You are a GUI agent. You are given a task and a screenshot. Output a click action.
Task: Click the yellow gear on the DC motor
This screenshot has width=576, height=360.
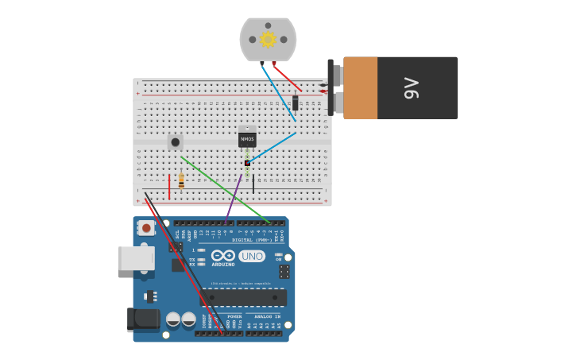[x=268, y=39]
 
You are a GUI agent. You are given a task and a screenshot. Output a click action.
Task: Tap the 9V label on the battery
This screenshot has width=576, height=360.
[x=411, y=87]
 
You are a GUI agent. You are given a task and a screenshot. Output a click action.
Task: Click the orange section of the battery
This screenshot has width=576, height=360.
[x=360, y=87]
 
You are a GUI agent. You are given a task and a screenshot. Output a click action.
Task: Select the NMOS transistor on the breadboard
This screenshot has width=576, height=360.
[x=247, y=139]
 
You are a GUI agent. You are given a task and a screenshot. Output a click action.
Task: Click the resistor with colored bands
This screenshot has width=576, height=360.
[x=181, y=182]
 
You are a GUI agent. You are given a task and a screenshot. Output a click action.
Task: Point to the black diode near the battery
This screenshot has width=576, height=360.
[x=296, y=103]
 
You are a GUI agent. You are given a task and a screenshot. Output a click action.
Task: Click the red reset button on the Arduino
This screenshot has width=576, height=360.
[x=146, y=228]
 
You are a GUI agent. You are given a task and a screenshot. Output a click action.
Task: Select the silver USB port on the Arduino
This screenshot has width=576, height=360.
[x=135, y=258]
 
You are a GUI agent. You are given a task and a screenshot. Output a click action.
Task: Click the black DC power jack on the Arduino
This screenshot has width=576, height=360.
[x=143, y=319]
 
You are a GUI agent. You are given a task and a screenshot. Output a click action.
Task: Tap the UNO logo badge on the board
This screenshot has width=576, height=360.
[x=252, y=256]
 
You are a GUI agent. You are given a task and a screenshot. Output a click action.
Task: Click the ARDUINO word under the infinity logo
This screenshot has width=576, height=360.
[x=223, y=265]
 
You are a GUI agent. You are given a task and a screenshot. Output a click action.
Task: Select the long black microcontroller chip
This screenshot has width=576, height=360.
[x=243, y=297]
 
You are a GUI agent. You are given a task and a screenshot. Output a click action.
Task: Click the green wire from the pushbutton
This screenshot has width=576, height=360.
[x=226, y=189]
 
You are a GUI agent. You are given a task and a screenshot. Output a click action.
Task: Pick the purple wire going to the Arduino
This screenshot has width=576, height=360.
[x=234, y=196]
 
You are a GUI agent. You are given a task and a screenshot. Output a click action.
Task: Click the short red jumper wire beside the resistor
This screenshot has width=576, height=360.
[x=169, y=186]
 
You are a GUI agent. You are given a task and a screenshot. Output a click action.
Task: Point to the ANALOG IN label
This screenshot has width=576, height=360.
[x=261, y=316]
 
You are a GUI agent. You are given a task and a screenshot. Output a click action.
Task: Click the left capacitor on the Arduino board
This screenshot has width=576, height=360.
[x=173, y=319]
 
